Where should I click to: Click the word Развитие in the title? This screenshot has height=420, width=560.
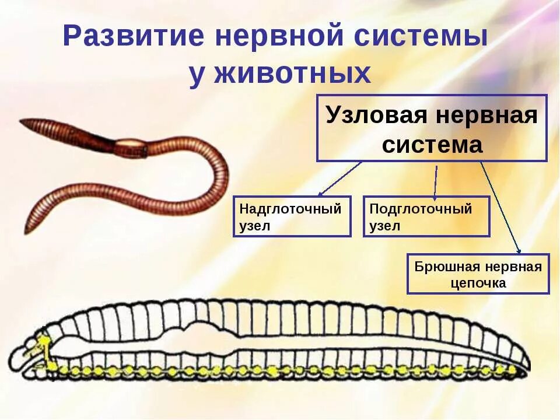[134, 37]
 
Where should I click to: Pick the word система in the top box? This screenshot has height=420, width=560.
[432, 145]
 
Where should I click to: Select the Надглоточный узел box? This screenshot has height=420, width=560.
[292, 216]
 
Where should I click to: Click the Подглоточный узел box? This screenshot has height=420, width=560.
[426, 216]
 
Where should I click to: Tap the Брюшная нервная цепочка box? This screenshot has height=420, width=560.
[478, 274]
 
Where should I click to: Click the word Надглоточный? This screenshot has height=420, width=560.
[290, 209]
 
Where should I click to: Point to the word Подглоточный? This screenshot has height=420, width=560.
[421, 209]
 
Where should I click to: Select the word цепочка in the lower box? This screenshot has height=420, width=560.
[478, 283]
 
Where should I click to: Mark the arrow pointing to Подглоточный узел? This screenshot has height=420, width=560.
[435, 181]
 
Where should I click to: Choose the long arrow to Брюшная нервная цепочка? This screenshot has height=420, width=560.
[500, 207]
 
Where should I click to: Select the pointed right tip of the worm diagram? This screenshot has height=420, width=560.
[528, 368]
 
